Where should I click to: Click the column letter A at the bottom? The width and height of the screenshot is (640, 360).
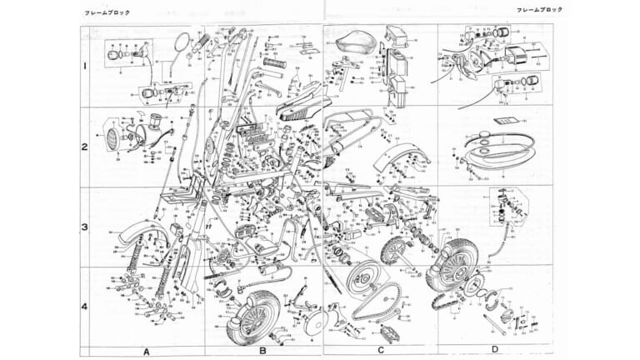(x=147, y=351)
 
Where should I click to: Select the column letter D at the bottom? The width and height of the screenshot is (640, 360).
(x=494, y=350)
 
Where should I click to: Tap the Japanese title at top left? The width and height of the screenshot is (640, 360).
(x=98, y=14)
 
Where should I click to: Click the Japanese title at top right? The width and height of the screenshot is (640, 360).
(x=540, y=9)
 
